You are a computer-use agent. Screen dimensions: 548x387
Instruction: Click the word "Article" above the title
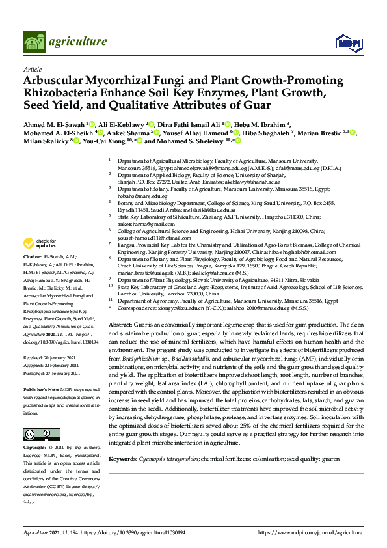pos(32,68)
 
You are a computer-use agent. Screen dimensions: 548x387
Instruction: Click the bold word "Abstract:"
pos(121,324)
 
